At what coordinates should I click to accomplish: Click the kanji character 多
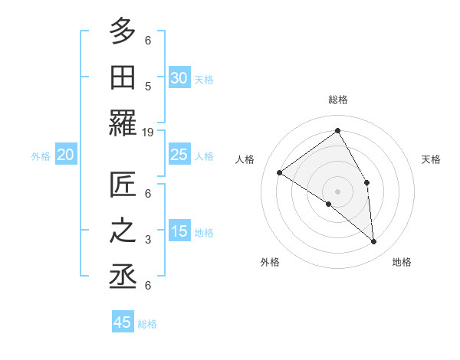click(x=123, y=31)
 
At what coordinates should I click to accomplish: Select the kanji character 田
click(x=123, y=77)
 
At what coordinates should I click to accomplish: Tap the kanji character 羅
click(x=123, y=123)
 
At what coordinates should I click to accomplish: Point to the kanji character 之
click(x=123, y=231)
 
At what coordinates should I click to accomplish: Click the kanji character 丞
click(x=123, y=277)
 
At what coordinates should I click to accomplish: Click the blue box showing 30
click(x=179, y=77)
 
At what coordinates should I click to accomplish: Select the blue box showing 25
click(x=179, y=155)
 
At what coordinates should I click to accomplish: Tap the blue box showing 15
click(x=179, y=231)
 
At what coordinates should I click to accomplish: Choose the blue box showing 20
click(x=66, y=155)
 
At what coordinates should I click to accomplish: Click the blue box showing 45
click(x=123, y=322)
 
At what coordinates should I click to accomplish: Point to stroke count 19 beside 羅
click(x=148, y=133)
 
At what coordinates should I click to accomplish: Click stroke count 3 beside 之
click(x=148, y=240)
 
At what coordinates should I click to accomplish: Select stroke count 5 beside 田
click(x=148, y=86)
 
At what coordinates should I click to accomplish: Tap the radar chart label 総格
click(x=338, y=100)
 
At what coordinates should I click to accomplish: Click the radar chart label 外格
click(x=270, y=262)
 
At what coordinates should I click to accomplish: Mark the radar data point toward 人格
click(x=280, y=172)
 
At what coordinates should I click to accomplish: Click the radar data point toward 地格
click(x=374, y=241)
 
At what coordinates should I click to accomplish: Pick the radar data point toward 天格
click(x=367, y=182)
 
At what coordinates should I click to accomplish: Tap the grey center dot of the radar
click(x=338, y=191)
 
